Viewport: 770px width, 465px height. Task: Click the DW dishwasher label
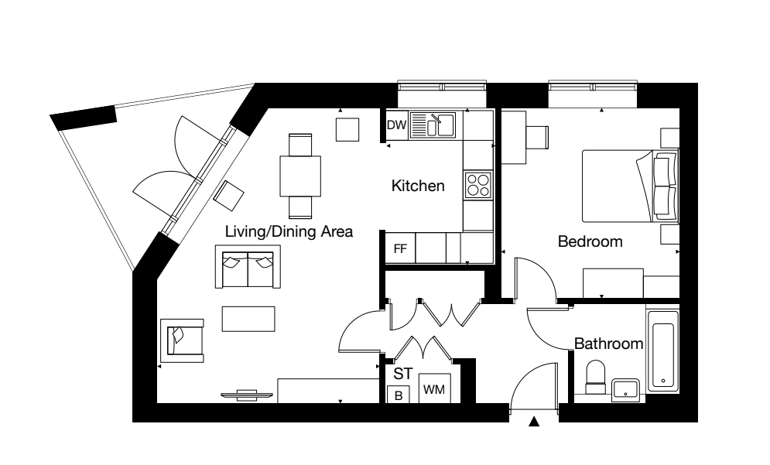point(397,125)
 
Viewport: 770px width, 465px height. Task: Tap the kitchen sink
point(433,125)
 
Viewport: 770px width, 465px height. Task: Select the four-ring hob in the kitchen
point(478,185)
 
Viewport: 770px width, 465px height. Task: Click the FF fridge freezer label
point(400,248)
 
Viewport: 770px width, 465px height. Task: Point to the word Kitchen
point(418,186)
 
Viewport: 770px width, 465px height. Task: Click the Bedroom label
point(590,241)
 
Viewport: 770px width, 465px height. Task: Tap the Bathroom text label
point(608,344)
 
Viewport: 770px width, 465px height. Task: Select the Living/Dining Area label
point(289,231)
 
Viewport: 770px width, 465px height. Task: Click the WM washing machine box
point(434,388)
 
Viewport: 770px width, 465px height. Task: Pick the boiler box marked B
point(399,395)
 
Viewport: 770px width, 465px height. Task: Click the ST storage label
point(403,374)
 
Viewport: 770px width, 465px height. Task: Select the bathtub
point(663,350)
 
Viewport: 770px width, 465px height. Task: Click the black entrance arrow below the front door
point(534,422)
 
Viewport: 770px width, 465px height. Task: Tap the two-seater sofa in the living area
point(248,267)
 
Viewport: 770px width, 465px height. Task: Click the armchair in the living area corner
point(182,340)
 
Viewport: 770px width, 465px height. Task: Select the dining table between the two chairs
point(300,176)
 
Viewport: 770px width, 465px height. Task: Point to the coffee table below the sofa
point(248,319)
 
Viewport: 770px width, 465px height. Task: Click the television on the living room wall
point(247,395)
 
